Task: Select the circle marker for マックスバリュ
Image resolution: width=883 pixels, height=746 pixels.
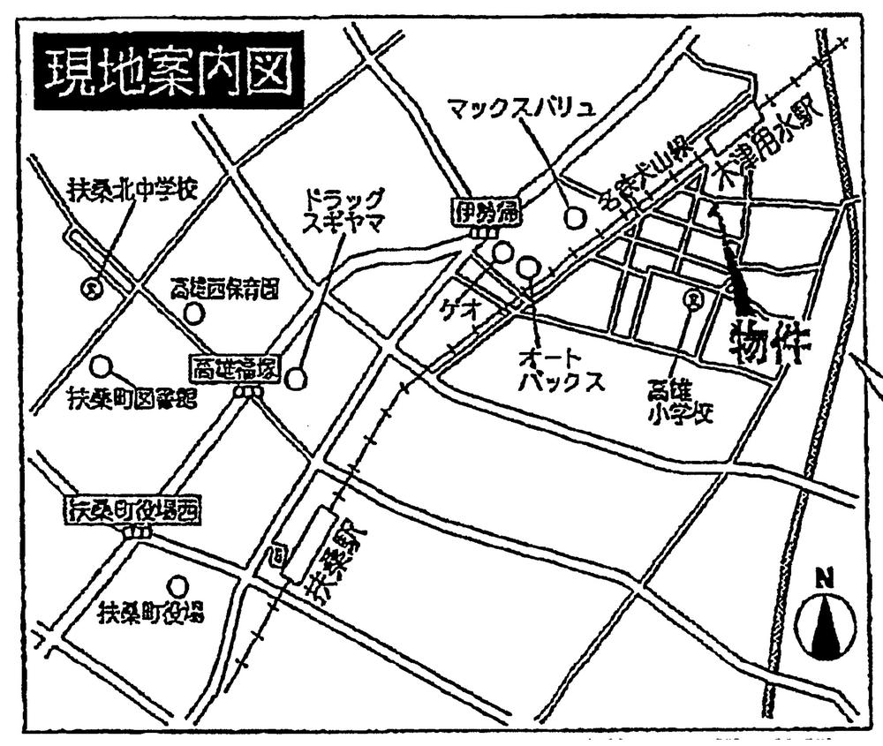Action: coord(575,215)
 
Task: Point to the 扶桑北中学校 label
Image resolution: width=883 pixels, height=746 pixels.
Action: coord(132,188)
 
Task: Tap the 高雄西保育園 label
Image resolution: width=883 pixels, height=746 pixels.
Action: coord(225,289)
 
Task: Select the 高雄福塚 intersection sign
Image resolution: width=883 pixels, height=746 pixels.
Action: coord(236,370)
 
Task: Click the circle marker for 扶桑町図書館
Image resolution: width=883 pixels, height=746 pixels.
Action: coord(102,365)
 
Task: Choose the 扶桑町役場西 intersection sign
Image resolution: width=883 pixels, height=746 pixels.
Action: coord(132,509)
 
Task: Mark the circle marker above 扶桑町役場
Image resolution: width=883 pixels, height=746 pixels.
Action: coord(178,584)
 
